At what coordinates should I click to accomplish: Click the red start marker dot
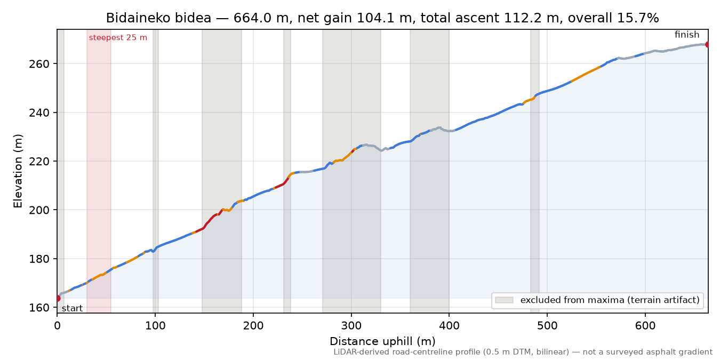click(x=58, y=299)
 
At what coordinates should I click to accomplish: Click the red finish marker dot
click(x=708, y=44)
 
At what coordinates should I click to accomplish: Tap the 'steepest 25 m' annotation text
click(x=118, y=38)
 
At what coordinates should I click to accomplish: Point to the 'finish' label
click(x=687, y=35)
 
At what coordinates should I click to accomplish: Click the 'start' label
click(x=72, y=309)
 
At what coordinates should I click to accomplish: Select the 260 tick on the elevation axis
click(x=39, y=64)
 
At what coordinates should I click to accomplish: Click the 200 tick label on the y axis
click(x=39, y=210)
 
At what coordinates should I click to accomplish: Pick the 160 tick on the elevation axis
click(x=39, y=308)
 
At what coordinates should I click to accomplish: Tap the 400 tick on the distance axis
click(x=449, y=326)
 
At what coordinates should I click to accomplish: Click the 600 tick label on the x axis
click(x=645, y=326)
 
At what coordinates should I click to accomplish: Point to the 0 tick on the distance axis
click(x=57, y=326)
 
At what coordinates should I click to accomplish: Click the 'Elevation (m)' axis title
click(x=18, y=171)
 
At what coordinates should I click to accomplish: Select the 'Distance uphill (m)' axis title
click(x=382, y=341)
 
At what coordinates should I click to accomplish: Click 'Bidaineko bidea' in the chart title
click(x=158, y=18)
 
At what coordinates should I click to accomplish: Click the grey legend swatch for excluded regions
click(x=504, y=300)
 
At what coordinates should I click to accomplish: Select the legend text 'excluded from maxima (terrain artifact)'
click(x=610, y=300)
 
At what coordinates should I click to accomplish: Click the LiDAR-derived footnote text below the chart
click(x=523, y=353)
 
